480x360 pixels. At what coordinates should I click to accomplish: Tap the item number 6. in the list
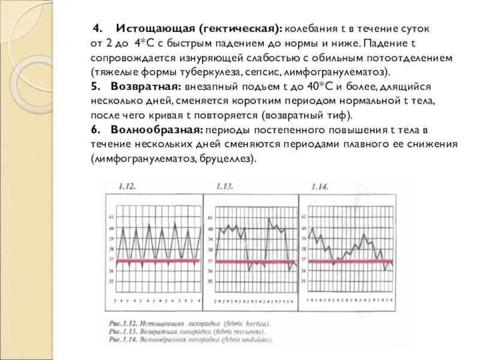pyautogui.click(x=95, y=130)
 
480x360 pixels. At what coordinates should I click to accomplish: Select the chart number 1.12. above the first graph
pyautogui.click(x=127, y=187)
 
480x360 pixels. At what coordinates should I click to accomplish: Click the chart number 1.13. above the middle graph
pyautogui.click(x=224, y=187)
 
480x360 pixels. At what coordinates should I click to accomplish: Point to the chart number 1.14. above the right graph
pyautogui.click(x=319, y=187)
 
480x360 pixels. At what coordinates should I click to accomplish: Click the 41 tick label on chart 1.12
pyautogui.click(x=110, y=217)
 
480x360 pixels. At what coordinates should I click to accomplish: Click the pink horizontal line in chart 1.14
pyautogui.click(x=348, y=260)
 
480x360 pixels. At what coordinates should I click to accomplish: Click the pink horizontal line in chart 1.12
pyautogui.click(x=156, y=260)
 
